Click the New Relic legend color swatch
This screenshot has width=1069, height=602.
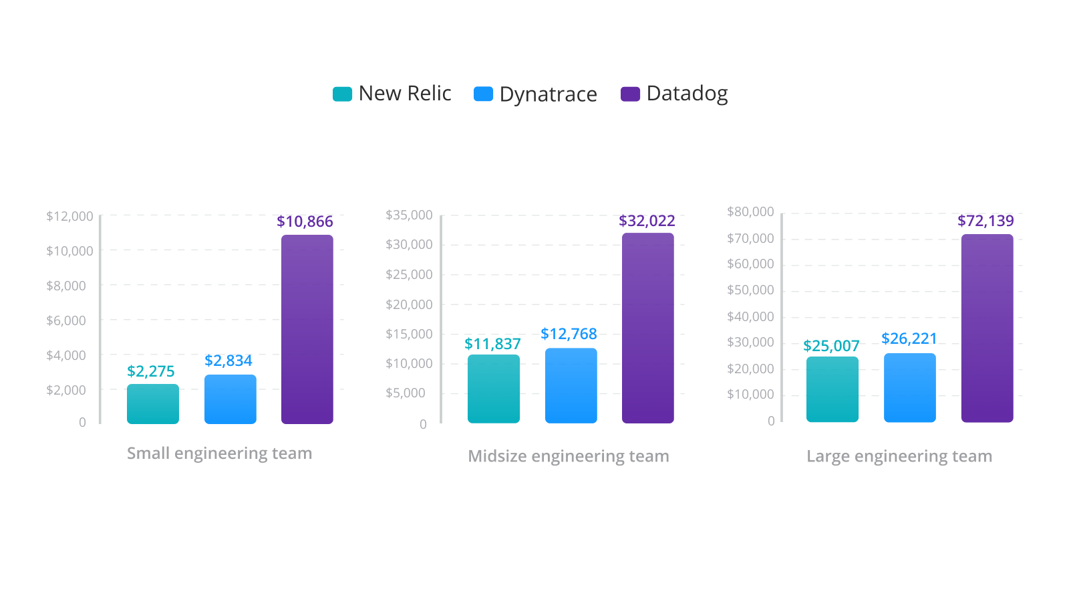point(342,94)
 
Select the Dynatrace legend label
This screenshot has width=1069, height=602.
point(548,94)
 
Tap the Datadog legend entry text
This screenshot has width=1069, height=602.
point(687,94)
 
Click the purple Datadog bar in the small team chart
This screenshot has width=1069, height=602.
point(307,329)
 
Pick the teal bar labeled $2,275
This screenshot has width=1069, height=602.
point(153,404)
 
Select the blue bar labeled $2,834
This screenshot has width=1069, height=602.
point(230,399)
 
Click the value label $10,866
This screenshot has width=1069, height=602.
point(305,221)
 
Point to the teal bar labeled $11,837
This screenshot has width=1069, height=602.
point(493,389)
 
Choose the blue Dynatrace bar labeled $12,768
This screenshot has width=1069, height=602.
point(571,385)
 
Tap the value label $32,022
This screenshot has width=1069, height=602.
point(647,221)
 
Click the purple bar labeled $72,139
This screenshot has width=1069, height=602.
point(987,328)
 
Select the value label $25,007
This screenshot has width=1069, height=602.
point(831,346)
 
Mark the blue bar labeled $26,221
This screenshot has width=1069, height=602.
point(909,387)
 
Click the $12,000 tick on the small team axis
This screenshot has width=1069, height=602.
point(69,216)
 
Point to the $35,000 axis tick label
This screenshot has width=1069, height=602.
point(409,215)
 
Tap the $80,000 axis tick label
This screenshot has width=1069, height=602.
point(750,212)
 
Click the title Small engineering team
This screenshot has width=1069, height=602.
point(219,454)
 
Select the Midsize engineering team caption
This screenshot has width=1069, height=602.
point(568,456)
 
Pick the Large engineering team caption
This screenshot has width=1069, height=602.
point(899,456)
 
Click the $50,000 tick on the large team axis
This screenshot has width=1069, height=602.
point(750,290)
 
